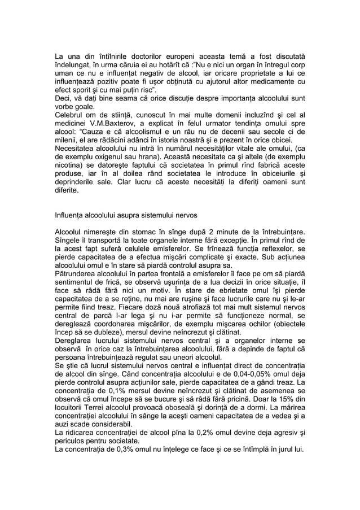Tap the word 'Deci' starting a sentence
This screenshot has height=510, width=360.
(63, 101)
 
